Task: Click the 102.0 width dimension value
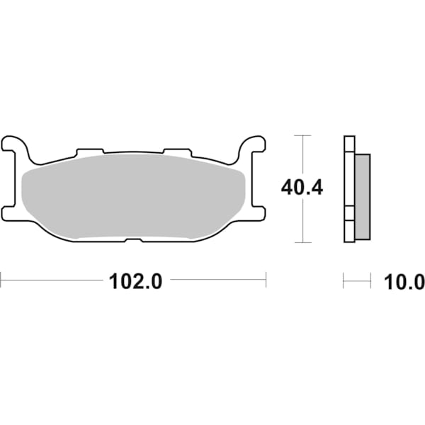135,281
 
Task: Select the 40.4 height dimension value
302,188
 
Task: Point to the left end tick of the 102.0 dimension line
1,280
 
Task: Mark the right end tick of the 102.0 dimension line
266,280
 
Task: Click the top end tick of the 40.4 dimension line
302,135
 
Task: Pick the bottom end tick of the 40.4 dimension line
302,242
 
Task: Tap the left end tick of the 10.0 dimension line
344,281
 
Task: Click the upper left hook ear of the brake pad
16,144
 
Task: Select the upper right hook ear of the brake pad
252,144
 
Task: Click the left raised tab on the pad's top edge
90,152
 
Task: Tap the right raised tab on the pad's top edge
177,152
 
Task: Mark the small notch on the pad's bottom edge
133,239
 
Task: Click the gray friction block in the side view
361,195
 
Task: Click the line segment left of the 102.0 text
52,280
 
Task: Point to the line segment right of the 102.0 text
217,280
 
